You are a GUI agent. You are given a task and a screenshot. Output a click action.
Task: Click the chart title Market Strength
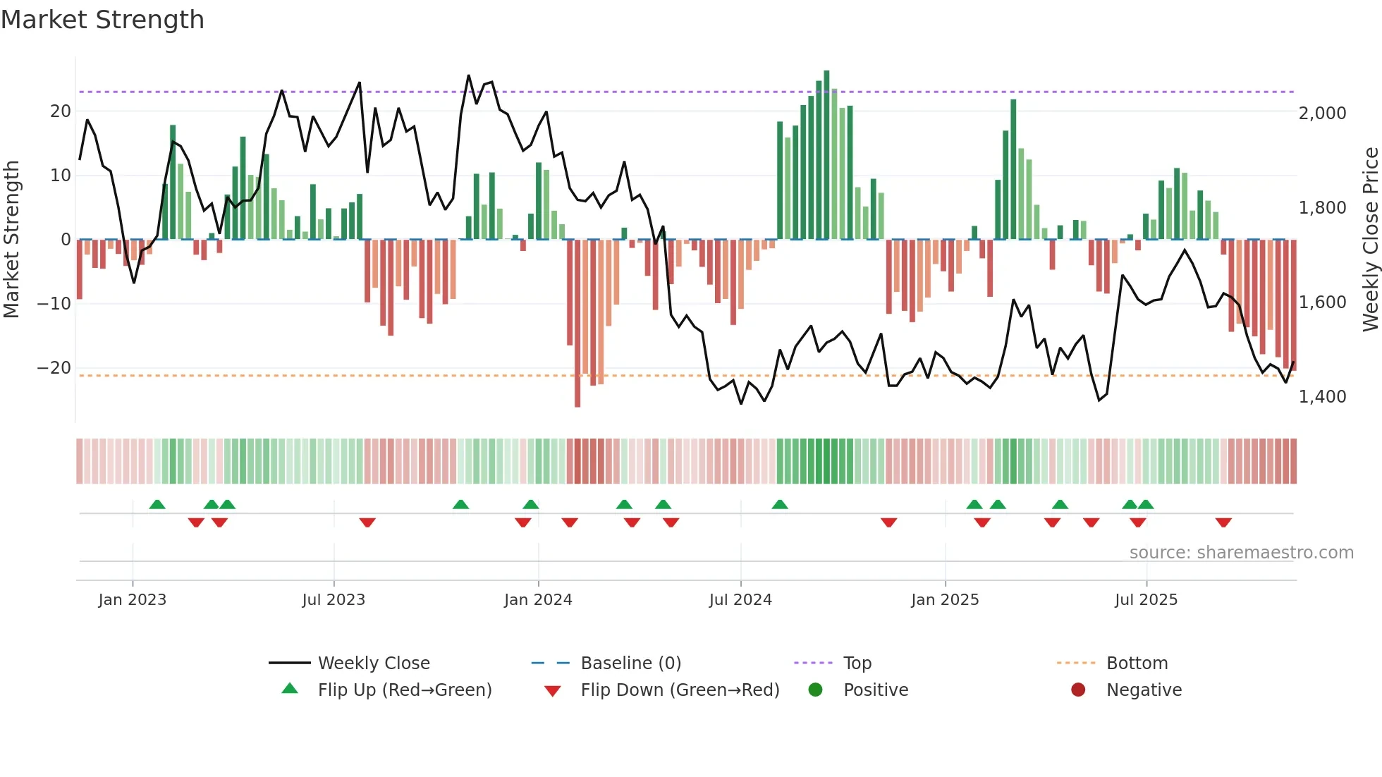point(102,20)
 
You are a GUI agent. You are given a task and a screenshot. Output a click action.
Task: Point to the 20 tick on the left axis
point(61,111)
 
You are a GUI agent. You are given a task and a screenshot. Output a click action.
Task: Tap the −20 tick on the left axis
point(54,368)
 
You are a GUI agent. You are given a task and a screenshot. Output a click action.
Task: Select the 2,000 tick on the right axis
point(1322,114)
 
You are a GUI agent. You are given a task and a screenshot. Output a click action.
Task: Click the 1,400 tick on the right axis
point(1322,397)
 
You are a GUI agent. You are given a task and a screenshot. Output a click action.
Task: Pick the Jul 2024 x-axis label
point(740,600)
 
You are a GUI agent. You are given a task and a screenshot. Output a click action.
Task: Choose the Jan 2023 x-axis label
point(133,600)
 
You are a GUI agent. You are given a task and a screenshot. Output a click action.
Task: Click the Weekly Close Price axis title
point(1370,240)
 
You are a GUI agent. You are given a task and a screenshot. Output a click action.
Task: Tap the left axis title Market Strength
point(11,240)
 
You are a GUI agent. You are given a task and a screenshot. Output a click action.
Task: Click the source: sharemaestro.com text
point(1241,553)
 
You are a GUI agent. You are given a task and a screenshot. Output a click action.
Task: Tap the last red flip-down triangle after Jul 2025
point(1223,522)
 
